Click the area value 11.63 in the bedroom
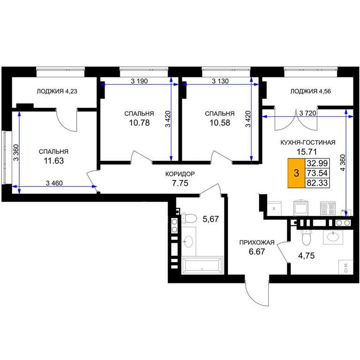tap(54, 161)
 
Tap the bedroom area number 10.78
tap(139, 123)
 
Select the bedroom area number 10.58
tap(220, 123)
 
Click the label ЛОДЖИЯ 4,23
tap(57, 91)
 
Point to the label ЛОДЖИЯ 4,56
tap(310, 91)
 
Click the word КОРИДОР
tap(180, 174)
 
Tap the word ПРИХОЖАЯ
tap(257, 242)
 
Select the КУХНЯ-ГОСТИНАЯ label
tap(308, 142)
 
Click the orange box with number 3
tap(296, 173)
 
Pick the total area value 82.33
tap(317, 183)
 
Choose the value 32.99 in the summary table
tap(317, 163)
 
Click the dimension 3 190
tap(139, 81)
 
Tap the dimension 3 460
tap(54, 183)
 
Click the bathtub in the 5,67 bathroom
tap(202, 265)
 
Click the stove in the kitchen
tap(328, 209)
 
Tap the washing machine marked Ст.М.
tap(346, 267)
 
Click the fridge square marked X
tap(274, 209)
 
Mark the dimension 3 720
tap(308, 113)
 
